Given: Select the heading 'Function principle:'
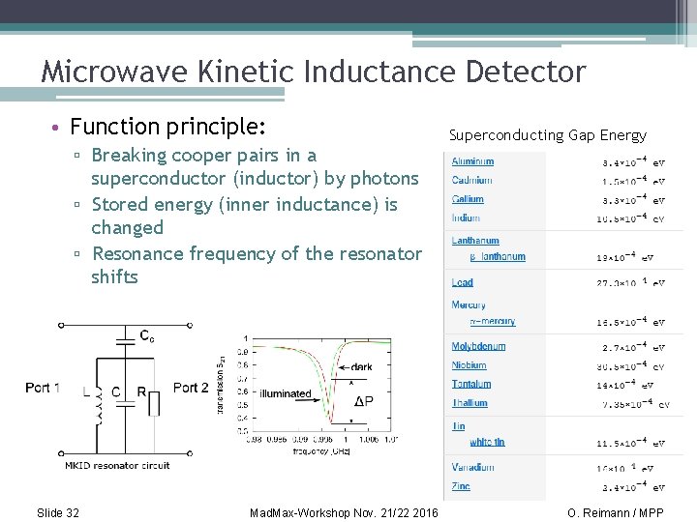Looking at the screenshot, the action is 168,127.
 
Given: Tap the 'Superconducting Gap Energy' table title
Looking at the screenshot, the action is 547,135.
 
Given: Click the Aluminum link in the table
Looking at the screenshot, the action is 472,161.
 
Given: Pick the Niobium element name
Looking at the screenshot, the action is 469,365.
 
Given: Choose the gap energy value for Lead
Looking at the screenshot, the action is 630,283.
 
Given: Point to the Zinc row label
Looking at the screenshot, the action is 461,486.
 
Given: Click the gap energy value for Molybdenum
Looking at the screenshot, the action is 630,347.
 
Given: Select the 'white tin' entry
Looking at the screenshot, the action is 487,442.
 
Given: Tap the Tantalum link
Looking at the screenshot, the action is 471,384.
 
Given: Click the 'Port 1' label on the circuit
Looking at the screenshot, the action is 44,388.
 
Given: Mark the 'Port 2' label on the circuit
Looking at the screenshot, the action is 191,388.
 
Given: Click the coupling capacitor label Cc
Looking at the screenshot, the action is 147,336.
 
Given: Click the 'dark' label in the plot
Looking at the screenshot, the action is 361,366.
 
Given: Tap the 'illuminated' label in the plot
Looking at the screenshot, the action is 286,393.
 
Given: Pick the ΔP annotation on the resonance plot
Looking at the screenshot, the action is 364,402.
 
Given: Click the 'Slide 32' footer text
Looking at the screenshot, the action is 57,512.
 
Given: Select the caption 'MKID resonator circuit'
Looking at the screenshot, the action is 117,465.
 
